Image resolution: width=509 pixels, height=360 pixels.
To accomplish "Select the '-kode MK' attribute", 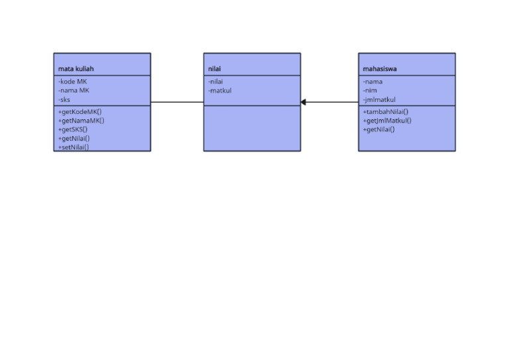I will (72, 82).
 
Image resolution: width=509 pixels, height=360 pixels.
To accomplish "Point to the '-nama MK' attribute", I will (73, 90).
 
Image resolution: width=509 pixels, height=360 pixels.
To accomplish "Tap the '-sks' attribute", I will (64, 99).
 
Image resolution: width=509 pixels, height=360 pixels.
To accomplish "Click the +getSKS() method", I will (72, 129).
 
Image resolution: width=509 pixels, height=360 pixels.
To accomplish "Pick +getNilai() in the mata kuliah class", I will (74, 138).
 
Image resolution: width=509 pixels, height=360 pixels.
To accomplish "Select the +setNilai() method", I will (73, 147).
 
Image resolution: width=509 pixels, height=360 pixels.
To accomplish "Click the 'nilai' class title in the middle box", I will (214, 68).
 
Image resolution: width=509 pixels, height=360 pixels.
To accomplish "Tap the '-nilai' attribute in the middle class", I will (215, 82).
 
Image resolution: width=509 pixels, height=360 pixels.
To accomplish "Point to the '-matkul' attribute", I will (219, 90).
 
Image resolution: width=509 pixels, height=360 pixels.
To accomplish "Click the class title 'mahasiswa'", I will (380, 68).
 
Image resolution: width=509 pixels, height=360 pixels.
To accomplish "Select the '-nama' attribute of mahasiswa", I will (372, 82).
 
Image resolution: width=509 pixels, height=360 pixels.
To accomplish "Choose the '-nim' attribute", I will (370, 90).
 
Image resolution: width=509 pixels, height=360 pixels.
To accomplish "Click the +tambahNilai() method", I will (385, 111).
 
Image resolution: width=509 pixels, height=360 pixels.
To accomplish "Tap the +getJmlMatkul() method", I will (386, 121).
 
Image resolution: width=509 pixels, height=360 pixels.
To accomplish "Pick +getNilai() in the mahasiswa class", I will (378, 129).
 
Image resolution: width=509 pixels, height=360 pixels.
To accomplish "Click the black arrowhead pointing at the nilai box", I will (304, 102).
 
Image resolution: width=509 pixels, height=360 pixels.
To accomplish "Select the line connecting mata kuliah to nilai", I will (177, 102).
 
